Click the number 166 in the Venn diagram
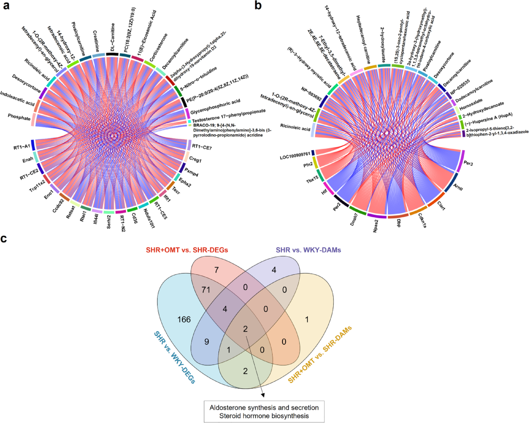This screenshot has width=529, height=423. pyautogui.click(x=184, y=320)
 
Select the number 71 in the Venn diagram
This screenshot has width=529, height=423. pyautogui.click(x=206, y=289)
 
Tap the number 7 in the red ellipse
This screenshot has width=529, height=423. pyautogui.click(x=216, y=270)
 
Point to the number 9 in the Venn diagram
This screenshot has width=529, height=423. pyautogui.click(x=207, y=342)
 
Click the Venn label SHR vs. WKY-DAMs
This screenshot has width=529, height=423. pyautogui.click(x=308, y=250)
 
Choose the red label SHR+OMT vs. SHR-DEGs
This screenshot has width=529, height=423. pyautogui.click(x=187, y=250)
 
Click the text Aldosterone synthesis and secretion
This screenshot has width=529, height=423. pyautogui.click(x=264, y=408)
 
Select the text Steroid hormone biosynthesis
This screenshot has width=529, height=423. pyautogui.click(x=264, y=416)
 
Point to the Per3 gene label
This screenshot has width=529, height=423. pyautogui.click(x=468, y=164)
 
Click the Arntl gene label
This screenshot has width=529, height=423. pyautogui.click(x=458, y=187)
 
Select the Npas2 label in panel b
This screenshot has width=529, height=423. pyautogui.click(x=375, y=226)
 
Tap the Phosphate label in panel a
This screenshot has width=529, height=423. pyautogui.click(x=19, y=117)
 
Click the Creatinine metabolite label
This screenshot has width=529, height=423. pyautogui.click(x=96, y=41)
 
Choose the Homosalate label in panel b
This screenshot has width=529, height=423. pyautogui.click(x=471, y=104)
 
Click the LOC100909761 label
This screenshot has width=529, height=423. pyautogui.click(x=295, y=155)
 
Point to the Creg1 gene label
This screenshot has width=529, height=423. pyautogui.click(x=195, y=159)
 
